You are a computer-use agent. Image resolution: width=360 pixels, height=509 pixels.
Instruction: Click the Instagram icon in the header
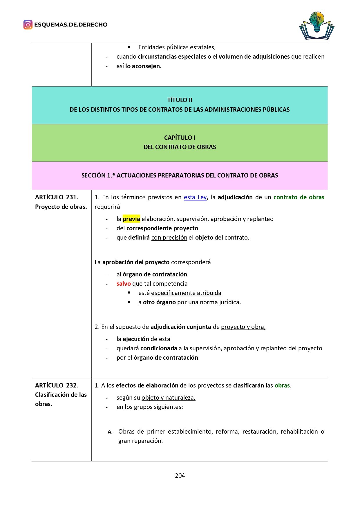[28, 25]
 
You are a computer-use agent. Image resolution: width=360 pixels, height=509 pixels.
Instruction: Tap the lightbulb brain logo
[317, 26]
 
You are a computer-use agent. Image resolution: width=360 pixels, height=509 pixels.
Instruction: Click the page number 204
[180, 475]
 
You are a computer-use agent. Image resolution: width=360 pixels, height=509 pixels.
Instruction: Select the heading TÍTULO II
[180, 100]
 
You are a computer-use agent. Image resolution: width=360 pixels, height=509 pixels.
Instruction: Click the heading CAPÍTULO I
[180, 137]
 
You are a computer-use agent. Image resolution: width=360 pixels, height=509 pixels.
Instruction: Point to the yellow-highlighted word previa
[131, 219]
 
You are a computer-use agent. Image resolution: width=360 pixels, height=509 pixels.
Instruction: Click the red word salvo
[124, 284]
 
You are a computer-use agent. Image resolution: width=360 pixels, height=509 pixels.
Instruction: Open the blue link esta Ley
[195, 197]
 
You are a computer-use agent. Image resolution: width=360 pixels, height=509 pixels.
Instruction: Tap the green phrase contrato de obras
[299, 197]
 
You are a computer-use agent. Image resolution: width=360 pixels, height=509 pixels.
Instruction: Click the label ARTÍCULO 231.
[57, 197]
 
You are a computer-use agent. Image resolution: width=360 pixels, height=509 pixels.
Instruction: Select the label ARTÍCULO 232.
[57, 385]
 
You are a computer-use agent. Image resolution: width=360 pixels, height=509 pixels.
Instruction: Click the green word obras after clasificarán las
[282, 385]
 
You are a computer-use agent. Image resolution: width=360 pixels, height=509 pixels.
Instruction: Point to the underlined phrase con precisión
[169, 238]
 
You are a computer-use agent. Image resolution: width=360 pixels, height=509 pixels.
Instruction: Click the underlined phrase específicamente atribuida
[186, 293]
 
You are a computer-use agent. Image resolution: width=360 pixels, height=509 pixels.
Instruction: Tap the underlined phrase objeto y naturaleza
[169, 398]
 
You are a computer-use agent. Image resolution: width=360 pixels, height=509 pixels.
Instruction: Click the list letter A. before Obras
[110, 432]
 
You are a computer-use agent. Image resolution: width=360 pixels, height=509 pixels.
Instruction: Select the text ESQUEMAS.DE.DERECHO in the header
[71, 25]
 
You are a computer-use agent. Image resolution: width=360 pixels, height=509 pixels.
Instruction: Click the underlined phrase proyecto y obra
[243, 327]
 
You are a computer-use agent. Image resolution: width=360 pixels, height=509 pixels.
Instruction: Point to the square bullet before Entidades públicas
[129, 47]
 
